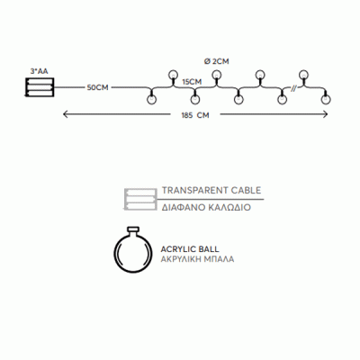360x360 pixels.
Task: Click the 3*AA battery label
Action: point(39,71)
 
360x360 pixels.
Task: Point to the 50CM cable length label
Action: point(97,87)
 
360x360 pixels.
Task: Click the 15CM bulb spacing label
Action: point(192,82)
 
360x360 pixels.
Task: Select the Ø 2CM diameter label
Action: point(216,61)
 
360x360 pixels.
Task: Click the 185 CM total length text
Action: point(195,115)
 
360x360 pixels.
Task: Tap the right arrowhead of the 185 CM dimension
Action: point(325,114)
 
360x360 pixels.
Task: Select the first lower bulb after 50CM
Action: point(152,99)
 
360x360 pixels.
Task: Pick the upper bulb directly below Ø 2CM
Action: point(216,75)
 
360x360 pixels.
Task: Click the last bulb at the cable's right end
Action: point(325,99)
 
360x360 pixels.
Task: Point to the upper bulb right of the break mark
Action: point(303,75)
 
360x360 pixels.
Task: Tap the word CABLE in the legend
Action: point(247,191)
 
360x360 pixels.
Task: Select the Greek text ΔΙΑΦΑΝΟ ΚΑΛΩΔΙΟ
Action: point(206,208)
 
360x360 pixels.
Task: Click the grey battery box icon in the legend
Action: point(140,199)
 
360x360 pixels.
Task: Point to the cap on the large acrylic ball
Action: point(132,229)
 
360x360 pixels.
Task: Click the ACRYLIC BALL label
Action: point(190,249)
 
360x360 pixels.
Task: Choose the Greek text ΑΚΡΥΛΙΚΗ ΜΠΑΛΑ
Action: point(197,259)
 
